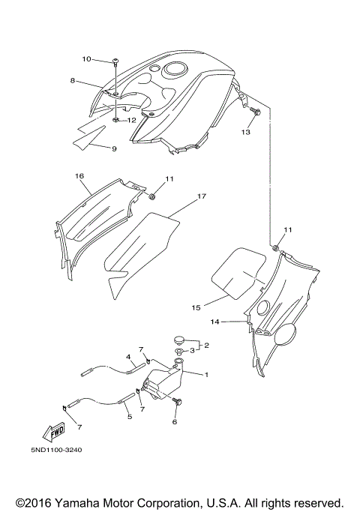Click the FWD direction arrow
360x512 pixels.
coord(53,432)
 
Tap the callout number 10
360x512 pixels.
coord(86,59)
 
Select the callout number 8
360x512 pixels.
coord(73,80)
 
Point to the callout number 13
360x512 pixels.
coord(246,132)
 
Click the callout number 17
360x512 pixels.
coord(202,196)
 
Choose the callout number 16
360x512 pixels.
coord(79,176)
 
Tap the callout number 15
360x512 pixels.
coord(196,307)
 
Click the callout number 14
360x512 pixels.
coord(214,322)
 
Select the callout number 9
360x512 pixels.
coord(114,149)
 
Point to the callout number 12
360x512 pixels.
coord(131,121)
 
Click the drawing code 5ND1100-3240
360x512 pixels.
coord(56,450)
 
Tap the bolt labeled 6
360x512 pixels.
coord(178,402)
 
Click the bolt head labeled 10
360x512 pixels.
coord(116,61)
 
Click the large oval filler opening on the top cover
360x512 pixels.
coord(175,69)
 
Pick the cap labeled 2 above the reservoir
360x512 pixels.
coord(178,340)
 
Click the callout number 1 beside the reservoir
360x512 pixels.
coord(206,375)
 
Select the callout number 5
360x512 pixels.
coord(129,417)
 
